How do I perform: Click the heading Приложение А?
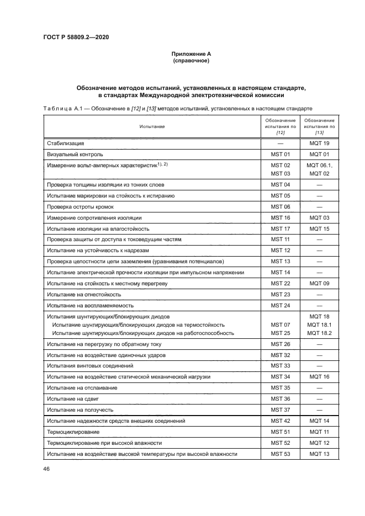tap(191, 54)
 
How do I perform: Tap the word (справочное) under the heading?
tap(191, 61)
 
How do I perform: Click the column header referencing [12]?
tap(280, 126)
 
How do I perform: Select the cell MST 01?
tap(280, 154)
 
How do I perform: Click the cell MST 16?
tap(280, 217)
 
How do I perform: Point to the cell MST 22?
tap(280, 283)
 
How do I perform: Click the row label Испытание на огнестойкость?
tap(83, 294)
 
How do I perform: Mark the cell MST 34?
tap(280, 376)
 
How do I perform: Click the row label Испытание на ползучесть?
tap(80, 409)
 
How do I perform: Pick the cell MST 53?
tap(280, 454)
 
